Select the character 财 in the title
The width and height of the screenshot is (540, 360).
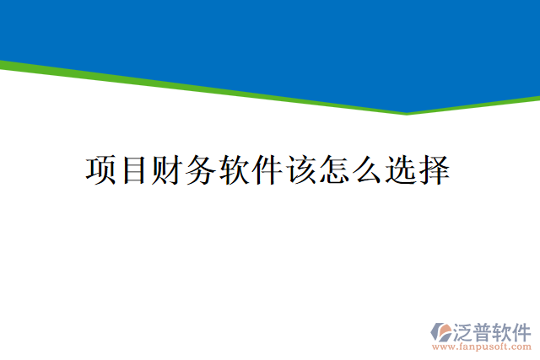167,169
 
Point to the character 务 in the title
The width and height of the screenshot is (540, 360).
200,169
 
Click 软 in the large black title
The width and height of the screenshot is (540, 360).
234,169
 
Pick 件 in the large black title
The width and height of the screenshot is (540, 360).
267,169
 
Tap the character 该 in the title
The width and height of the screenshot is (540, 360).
300,169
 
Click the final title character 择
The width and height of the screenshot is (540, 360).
433,169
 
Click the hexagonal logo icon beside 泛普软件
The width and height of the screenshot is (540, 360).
441,331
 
